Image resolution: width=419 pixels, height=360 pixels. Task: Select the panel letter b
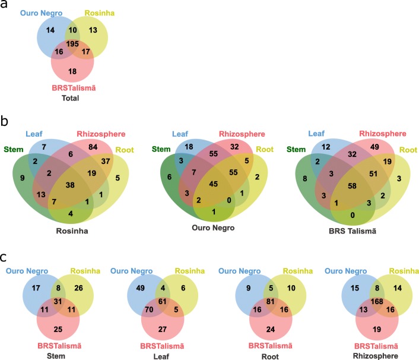coord(7,123)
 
